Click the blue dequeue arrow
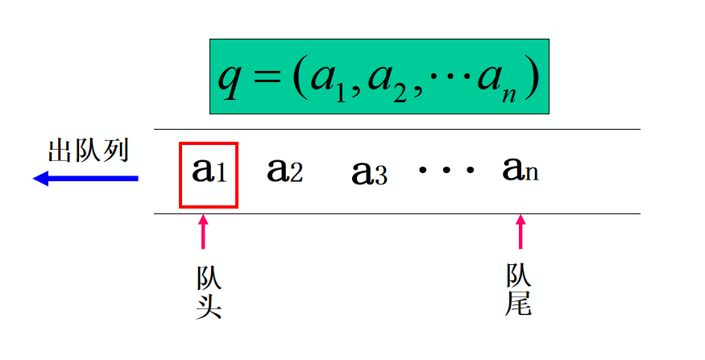(85, 179)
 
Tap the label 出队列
(88, 151)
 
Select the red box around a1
(208, 174)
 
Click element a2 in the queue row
(284, 170)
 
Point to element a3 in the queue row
(369, 173)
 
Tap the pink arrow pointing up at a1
(202, 231)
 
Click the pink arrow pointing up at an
(520, 231)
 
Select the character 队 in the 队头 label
(209, 279)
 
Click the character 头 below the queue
(209, 307)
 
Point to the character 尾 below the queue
(518, 303)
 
